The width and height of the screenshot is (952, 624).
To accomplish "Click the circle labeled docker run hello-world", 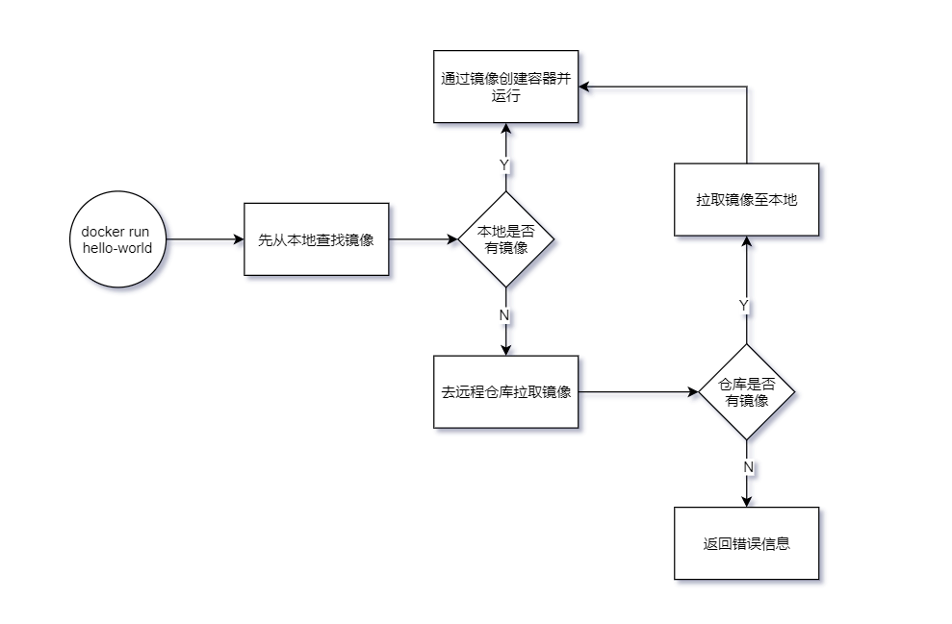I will click(117, 239).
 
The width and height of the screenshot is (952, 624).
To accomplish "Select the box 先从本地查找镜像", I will click(316, 239).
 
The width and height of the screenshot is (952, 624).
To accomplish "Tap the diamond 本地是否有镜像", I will click(506, 239).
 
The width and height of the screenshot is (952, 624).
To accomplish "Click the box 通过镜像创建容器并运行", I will click(506, 87).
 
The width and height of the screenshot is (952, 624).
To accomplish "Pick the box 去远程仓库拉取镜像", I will click(506, 392).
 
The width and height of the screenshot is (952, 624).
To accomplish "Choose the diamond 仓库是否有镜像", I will click(747, 392).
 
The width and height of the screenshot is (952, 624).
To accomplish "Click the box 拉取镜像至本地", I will click(747, 200).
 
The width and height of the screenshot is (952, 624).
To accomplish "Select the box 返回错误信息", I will click(747, 543).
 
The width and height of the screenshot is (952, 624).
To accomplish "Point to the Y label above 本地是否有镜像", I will click(504, 165).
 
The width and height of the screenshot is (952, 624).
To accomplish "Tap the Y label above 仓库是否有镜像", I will click(744, 305).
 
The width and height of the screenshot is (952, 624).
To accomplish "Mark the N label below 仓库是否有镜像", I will click(748, 466).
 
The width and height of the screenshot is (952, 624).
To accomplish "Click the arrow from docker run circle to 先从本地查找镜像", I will click(204, 239).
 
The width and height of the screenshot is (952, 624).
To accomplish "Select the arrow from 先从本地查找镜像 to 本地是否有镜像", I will click(424, 239).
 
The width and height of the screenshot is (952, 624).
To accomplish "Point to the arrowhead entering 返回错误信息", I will click(747, 500).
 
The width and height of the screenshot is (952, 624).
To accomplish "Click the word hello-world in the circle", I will click(117, 248).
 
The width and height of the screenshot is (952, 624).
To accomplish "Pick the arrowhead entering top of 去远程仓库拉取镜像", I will click(506, 349).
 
